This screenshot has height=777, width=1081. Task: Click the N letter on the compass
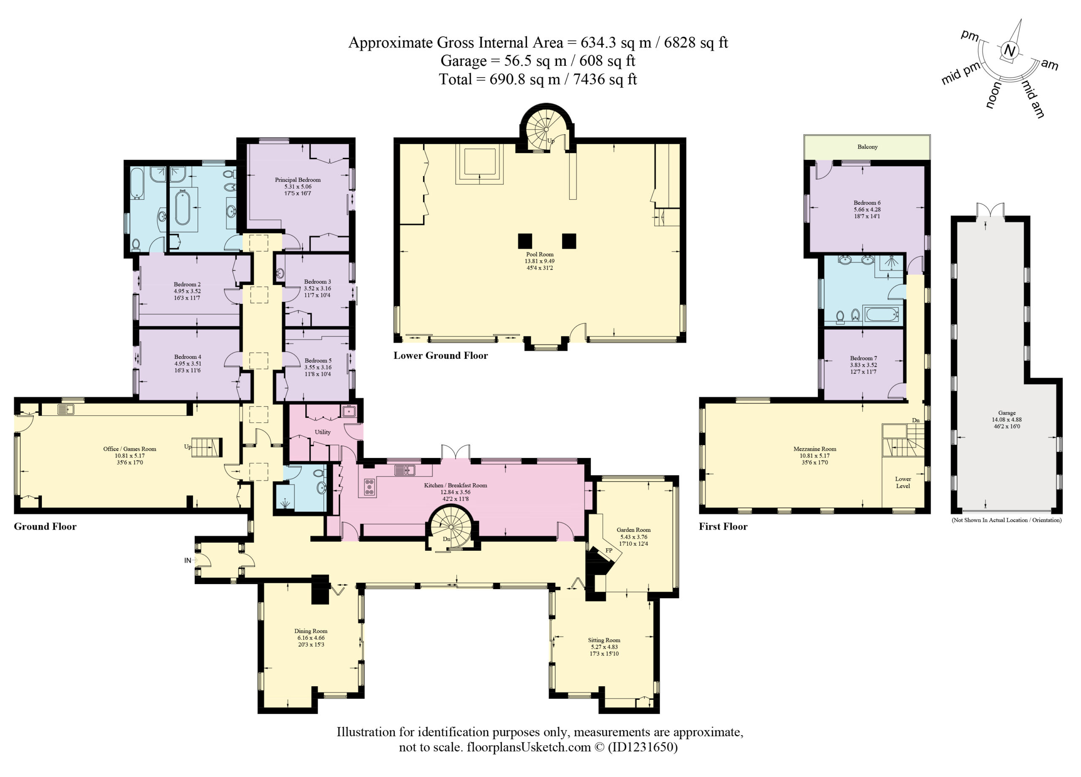(x=1010, y=51)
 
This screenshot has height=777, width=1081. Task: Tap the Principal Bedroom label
(x=297, y=180)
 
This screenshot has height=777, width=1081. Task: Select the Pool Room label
(x=540, y=254)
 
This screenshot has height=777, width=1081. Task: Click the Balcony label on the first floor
(x=867, y=147)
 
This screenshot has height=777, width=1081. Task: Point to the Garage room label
(x=1007, y=413)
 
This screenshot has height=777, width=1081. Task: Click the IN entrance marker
(x=187, y=560)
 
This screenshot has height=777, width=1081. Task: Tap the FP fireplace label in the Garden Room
(x=608, y=550)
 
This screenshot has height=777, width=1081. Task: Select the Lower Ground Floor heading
(x=440, y=355)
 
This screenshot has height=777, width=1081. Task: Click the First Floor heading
(x=723, y=526)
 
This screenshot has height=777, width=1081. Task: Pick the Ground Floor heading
(x=45, y=526)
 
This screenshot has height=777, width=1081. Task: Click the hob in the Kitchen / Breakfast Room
(x=369, y=487)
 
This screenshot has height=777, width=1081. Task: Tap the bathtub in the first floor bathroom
(x=882, y=314)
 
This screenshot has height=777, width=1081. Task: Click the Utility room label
(x=323, y=432)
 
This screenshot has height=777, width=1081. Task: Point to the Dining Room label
(x=311, y=631)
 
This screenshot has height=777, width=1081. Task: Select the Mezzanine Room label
(x=815, y=449)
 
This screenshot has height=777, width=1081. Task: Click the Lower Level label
(x=903, y=482)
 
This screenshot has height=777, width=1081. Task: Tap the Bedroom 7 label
(x=863, y=358)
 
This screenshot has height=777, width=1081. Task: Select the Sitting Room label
(x=604, y=640)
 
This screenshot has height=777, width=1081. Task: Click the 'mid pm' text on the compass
(x=960, y=73)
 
